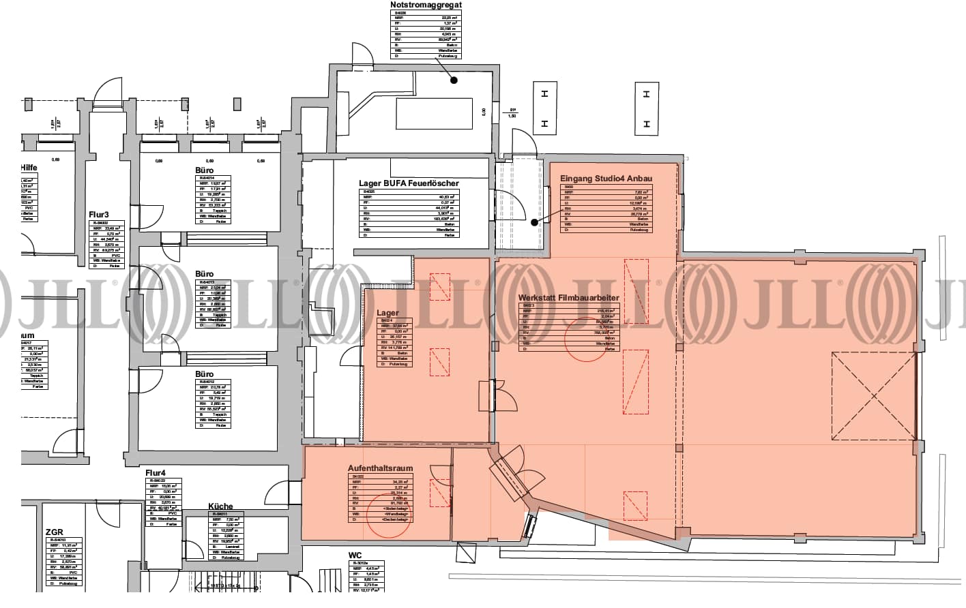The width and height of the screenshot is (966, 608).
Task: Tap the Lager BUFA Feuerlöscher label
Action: tap(409, 183)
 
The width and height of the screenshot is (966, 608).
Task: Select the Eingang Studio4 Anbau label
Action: tap(606, 179)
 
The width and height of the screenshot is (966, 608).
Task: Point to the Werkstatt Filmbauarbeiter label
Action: tap(568, 298)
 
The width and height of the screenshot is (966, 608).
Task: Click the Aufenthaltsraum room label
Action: tap(380, 468)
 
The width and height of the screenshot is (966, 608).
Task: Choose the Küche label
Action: tap(220, 506)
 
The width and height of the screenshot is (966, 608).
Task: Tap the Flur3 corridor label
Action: tap(99, 214)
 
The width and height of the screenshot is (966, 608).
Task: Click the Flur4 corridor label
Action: tap(156, 473)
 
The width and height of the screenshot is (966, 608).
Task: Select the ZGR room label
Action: tap(55, 532)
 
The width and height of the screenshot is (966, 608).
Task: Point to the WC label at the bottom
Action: tap(354, 556)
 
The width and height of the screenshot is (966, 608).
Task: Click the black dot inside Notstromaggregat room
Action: tap(454, 80)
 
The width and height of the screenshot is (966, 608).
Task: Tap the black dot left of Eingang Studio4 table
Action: tap(535, 222)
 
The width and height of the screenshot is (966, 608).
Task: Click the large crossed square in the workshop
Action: tap(874, 396)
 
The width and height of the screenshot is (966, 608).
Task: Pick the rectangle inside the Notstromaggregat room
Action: tap(434, 113)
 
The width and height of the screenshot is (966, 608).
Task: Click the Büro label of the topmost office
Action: tap(204, 170)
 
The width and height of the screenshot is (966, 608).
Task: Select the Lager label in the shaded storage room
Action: tap(387, 314)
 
